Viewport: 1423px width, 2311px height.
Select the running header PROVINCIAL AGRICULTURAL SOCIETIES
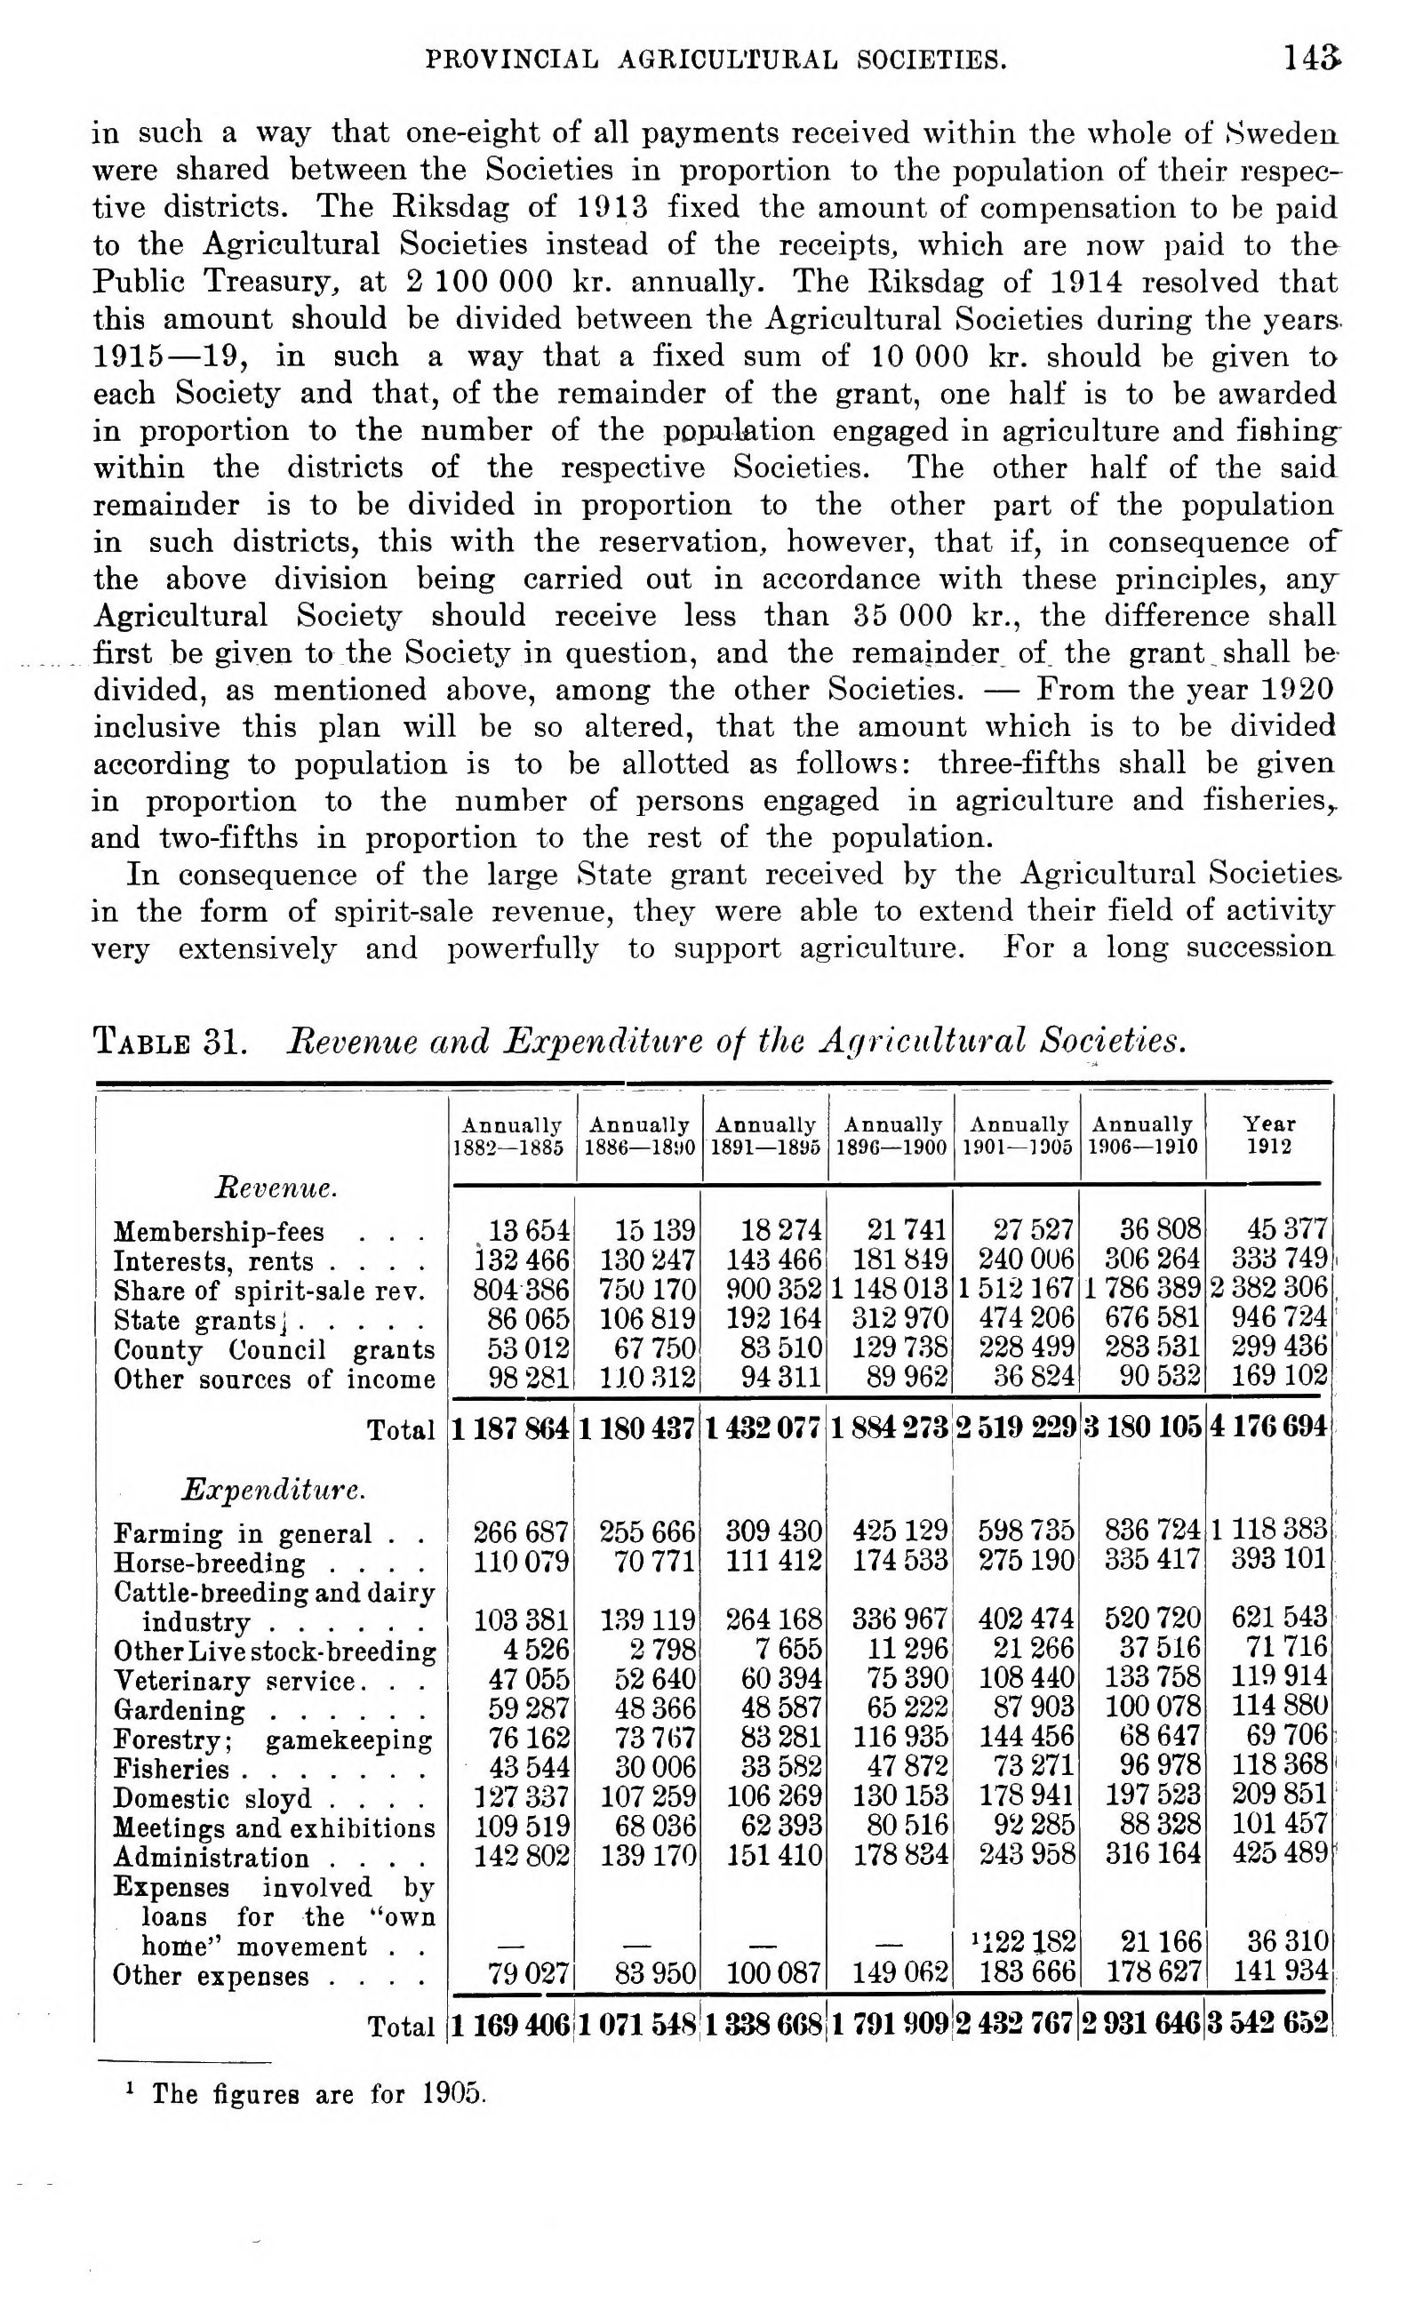(716, 61)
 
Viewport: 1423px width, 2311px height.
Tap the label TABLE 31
(171, 1042)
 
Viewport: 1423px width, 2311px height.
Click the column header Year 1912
(1268, 1135)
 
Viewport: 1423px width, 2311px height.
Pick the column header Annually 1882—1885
(511, 1136)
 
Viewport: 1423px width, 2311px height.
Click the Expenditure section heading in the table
(273, 1490)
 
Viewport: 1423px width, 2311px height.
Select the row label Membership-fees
(219, 1232)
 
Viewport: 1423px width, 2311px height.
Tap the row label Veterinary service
(236, 1681)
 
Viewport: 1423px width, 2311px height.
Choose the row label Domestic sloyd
(212, 1798)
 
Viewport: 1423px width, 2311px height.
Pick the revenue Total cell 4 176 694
(1267, 1428)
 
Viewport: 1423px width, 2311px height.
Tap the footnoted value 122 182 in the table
(1023, 1941)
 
